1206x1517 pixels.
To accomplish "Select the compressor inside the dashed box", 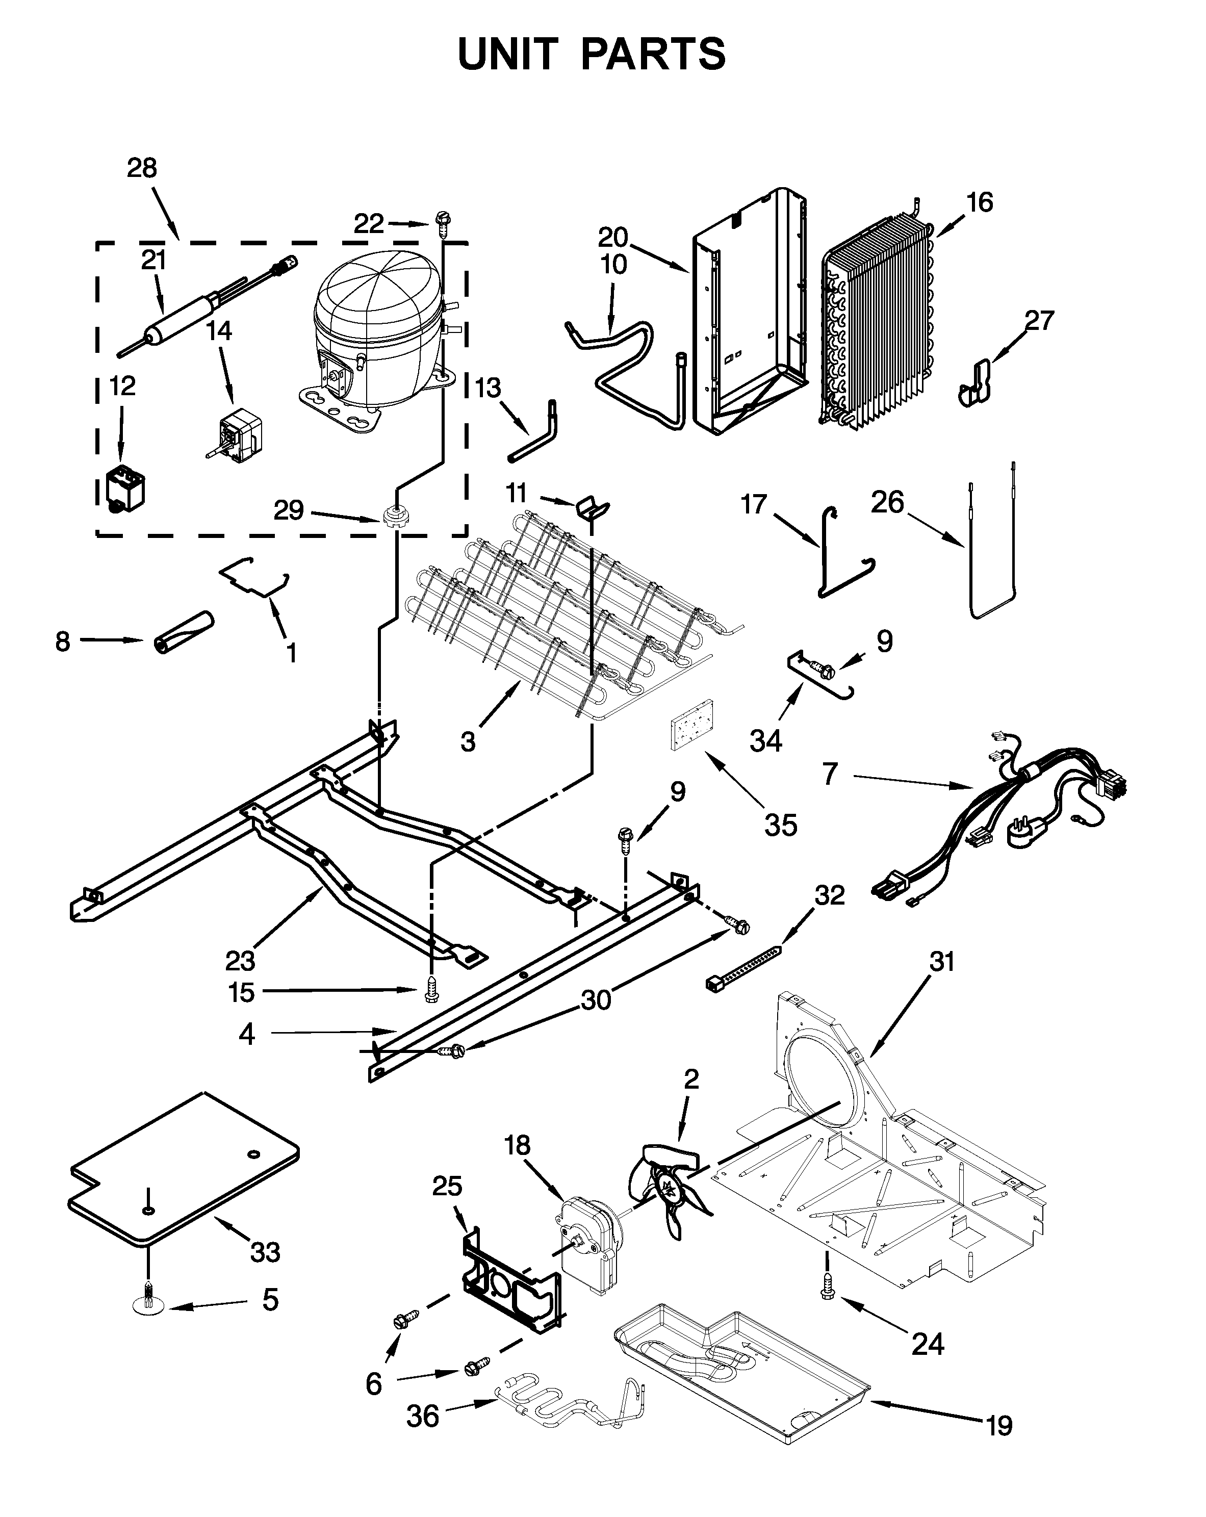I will [376, 331].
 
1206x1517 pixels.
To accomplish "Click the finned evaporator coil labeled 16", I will [880, 324].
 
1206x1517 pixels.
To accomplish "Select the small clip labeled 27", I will [974, 383].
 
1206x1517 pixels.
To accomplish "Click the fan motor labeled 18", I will [589, 1245].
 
